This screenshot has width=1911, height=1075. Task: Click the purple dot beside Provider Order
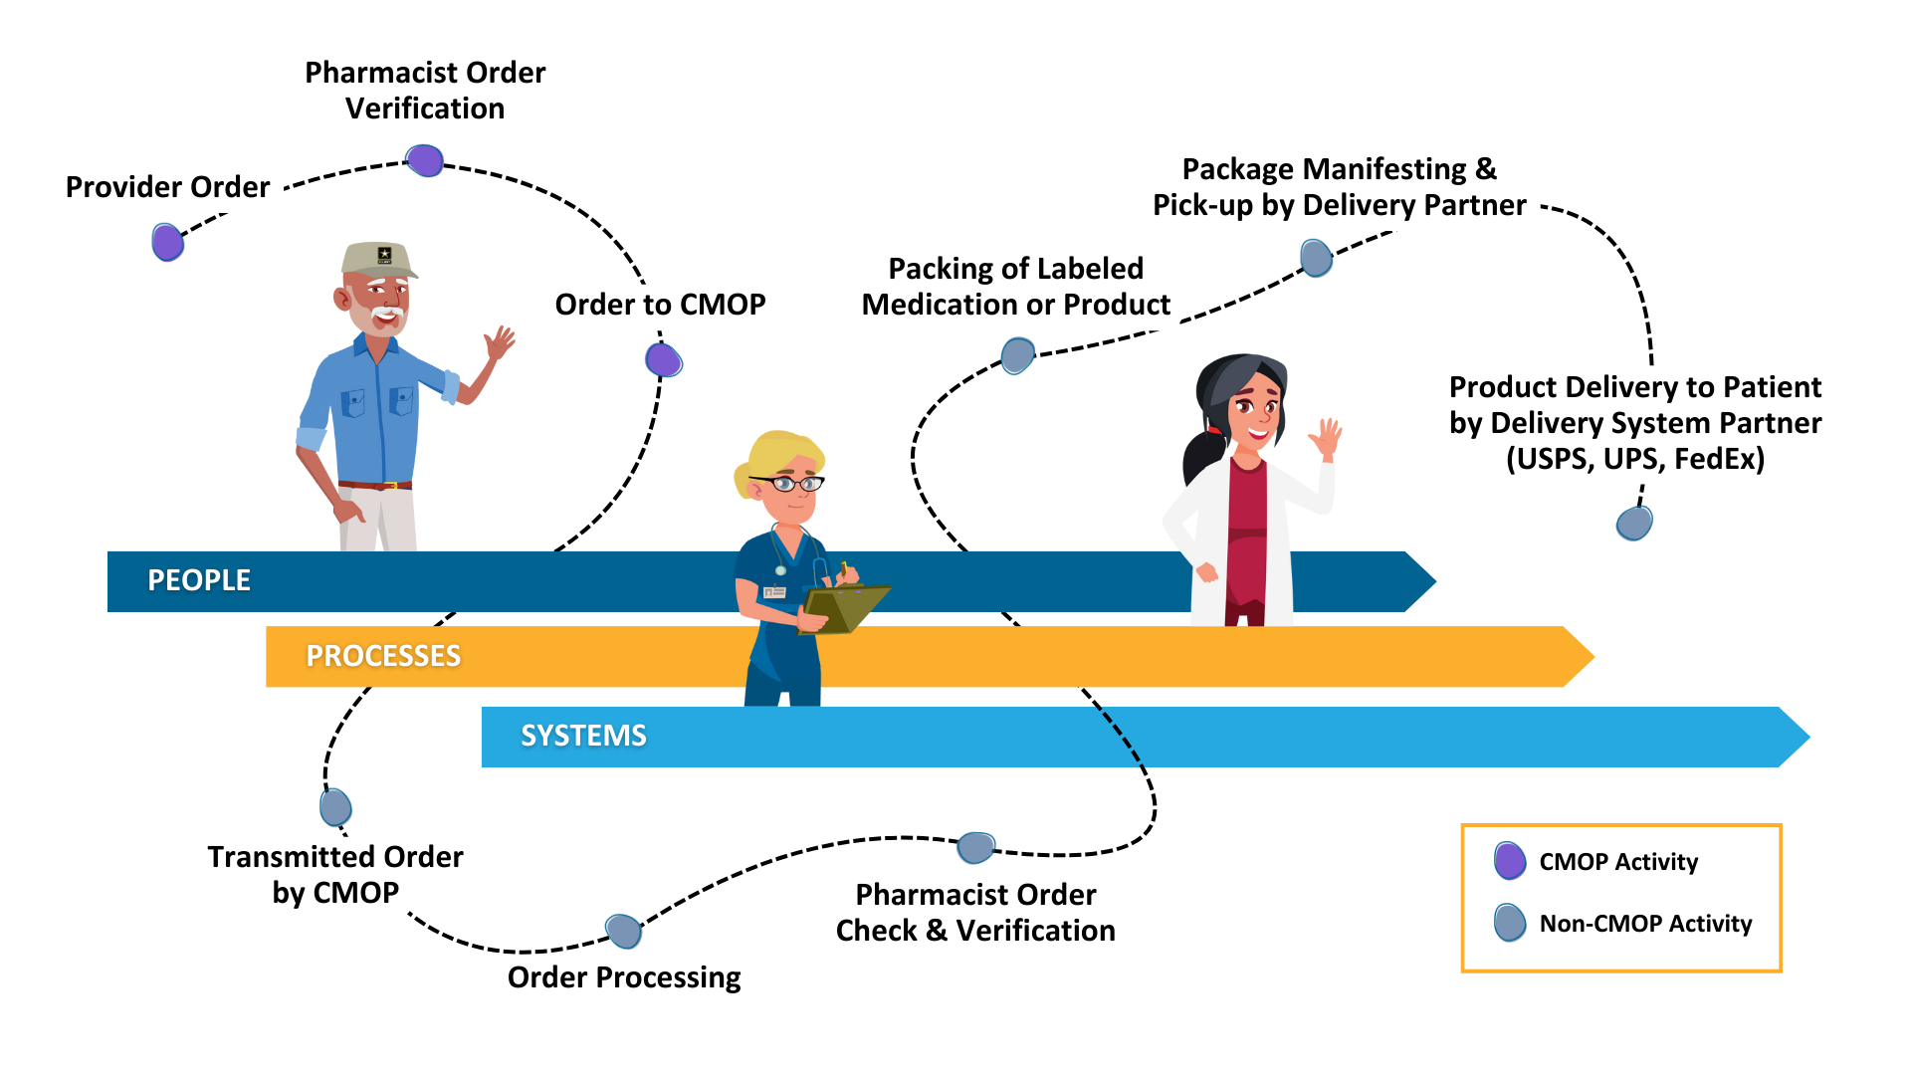click(x=168, y=242)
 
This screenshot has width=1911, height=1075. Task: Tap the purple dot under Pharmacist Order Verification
click(x=425, y=160)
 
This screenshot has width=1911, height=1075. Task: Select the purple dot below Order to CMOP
click(x=664, y=359)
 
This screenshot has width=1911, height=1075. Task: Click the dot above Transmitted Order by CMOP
click(x=335, y=807)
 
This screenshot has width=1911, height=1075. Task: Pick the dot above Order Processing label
click(x=624, y=932)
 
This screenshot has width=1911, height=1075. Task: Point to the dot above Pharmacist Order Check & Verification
click(x=976, y=848)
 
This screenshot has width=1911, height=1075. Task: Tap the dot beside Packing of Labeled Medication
click(x=1018, y=355)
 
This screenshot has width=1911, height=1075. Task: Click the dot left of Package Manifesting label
click(x=1317, y=258)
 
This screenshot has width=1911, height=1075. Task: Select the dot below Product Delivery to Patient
click(x=1634, y=523)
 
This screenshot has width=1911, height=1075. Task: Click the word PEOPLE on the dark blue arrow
click(x=199, y=580)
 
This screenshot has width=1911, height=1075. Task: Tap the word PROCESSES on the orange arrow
click(x=383, y=656)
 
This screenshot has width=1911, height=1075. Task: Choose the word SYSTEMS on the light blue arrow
click(x=583, y=736)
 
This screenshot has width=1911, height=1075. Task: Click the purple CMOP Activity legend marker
click(x=1510, y=861)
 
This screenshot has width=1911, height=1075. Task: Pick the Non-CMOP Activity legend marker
click(x=1510, y=923)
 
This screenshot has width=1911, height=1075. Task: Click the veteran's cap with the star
click(x=378, y=259)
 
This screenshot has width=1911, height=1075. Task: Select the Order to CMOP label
click(x=660, y=305)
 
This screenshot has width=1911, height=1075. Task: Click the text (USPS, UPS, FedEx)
click(x=1635, y=459)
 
